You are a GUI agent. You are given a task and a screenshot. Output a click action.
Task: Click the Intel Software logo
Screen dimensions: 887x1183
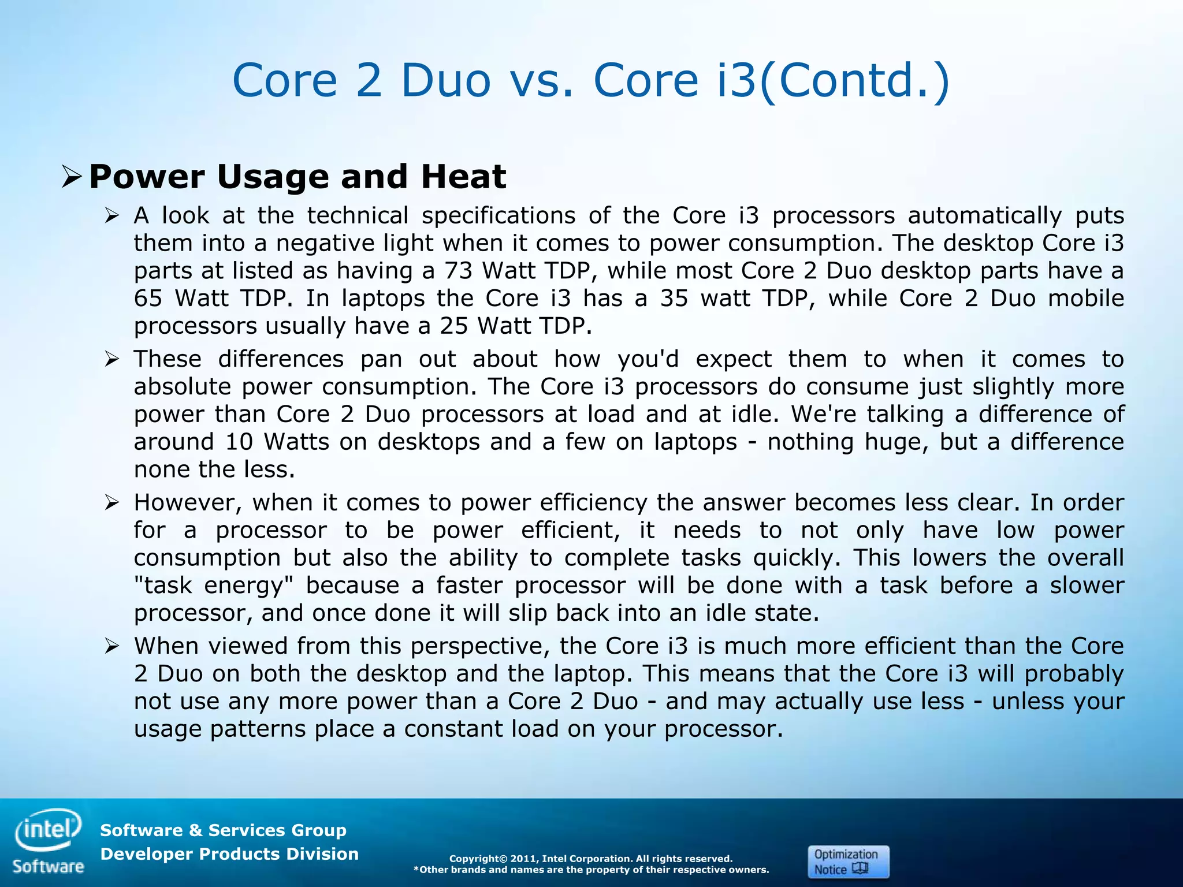tap(49, 841)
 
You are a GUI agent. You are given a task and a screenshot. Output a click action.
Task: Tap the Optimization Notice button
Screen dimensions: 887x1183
tap(847, 862)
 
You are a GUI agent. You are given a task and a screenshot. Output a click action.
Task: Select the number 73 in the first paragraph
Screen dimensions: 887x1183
tap(459, 271)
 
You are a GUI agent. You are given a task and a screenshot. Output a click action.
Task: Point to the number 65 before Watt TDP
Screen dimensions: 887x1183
tap(148, 299)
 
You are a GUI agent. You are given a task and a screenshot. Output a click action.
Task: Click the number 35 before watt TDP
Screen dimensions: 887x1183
tap(674, 299)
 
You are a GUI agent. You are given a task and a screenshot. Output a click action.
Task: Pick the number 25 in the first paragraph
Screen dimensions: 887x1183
tap(455, 326)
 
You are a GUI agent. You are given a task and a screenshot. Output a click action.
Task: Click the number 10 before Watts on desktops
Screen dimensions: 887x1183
tap(239, 442)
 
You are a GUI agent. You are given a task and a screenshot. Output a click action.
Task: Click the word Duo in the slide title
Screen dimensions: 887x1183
tap(445, 80)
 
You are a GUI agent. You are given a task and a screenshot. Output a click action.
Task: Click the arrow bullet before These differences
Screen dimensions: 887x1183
tap(111, 360)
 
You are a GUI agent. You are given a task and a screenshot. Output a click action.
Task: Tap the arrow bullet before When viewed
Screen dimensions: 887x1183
tap(111, 646)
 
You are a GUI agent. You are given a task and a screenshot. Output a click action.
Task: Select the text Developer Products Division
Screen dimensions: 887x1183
tap(229, 854)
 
